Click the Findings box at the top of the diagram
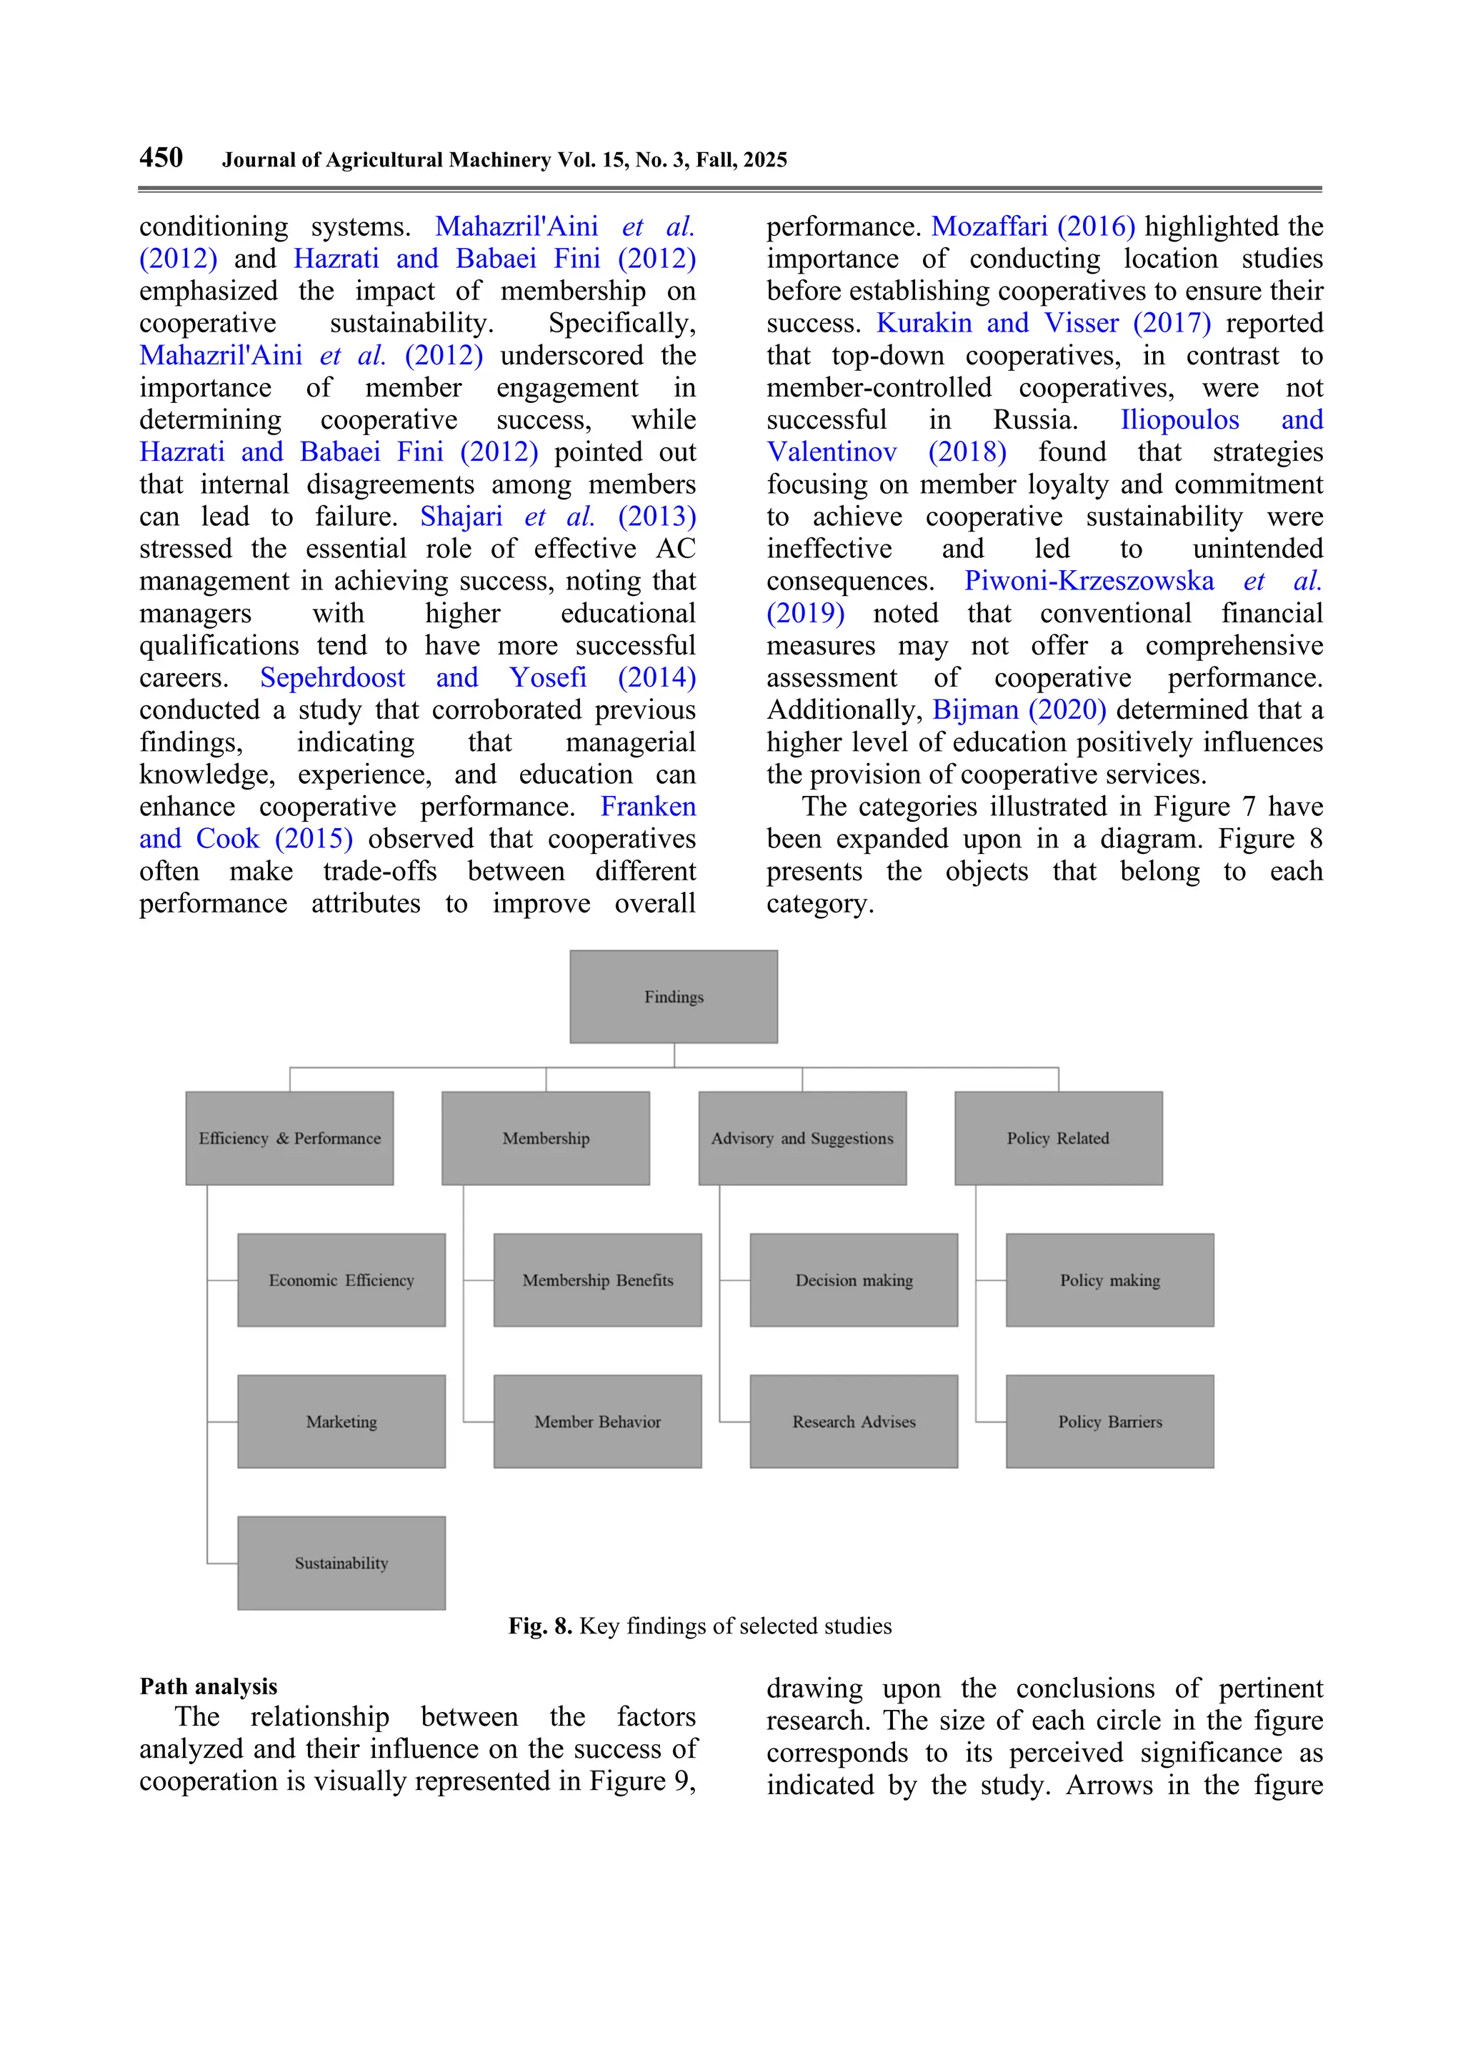coord(674,996)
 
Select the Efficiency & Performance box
coord(289,1138)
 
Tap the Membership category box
coord(545,1138)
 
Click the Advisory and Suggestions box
coord(802,1138)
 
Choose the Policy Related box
coord(1058,1138)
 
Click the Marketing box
coord(341,1421)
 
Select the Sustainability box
coord(341,1563)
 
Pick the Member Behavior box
coord(598,1421)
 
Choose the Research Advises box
coord(854,1421)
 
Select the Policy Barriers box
coord(1109,1421)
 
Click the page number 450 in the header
coord(161,158)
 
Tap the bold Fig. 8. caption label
coord(540,1626)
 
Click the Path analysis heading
coord(208,1686)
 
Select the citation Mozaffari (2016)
coord(1032,227)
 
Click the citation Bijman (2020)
coord(1019,710)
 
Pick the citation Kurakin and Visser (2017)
coord(1043,323)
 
